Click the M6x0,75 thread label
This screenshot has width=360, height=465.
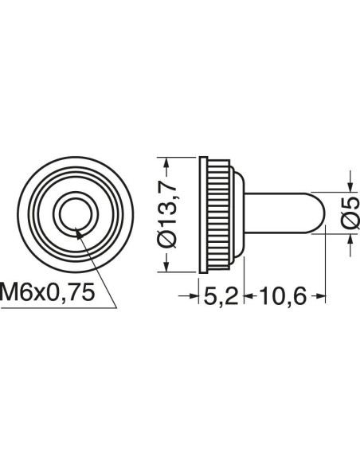click(48, 291)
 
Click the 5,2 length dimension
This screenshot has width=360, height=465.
click(221, 296)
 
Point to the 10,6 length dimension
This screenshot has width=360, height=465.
click(283, 296)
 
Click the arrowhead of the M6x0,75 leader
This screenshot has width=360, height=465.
click(78, 233)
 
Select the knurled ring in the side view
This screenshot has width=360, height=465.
click(218, 214)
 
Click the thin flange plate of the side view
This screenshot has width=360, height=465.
click(203, 214)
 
